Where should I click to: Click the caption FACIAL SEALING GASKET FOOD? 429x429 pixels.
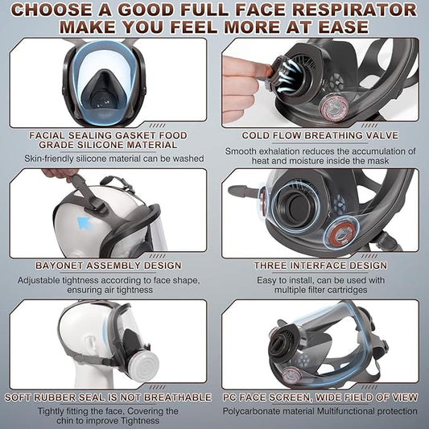[108, 135]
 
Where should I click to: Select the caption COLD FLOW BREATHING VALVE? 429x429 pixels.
[320, 135]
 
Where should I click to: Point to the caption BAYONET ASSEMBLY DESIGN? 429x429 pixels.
[108, 264]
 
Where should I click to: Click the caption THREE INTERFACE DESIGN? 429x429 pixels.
[320, 264]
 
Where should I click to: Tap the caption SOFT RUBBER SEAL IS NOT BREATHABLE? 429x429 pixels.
[108, 397]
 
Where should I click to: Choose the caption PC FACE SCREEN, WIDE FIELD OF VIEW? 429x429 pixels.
[320, 397]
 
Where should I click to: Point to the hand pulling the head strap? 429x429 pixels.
[58, 172]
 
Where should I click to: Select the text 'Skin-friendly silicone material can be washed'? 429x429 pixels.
[108, 158]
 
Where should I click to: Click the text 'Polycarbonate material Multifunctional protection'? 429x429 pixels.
[320, 411]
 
